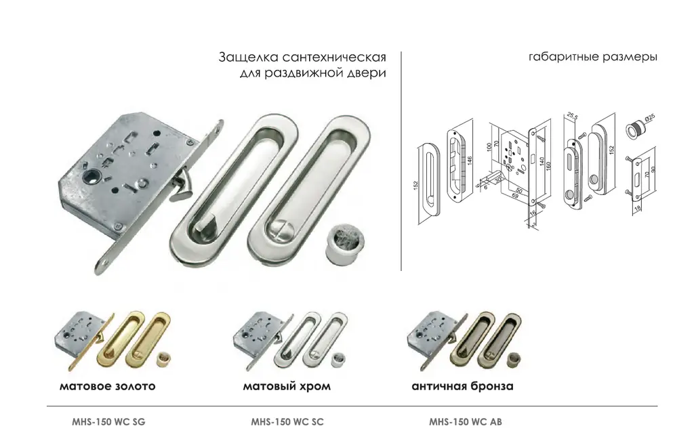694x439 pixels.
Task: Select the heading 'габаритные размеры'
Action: tap(592, 57)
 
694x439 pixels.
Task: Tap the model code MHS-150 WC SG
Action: tap(108, 421)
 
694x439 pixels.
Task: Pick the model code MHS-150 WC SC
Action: tap(287, 421)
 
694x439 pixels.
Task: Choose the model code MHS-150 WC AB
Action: tap(466, 421)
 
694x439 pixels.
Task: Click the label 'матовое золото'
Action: tap(107, 387)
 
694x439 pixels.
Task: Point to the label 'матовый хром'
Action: tap(287, 387)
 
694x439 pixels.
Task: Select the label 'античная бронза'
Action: tap(462, 387)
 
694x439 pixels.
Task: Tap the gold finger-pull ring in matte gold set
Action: tap(163, 357)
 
